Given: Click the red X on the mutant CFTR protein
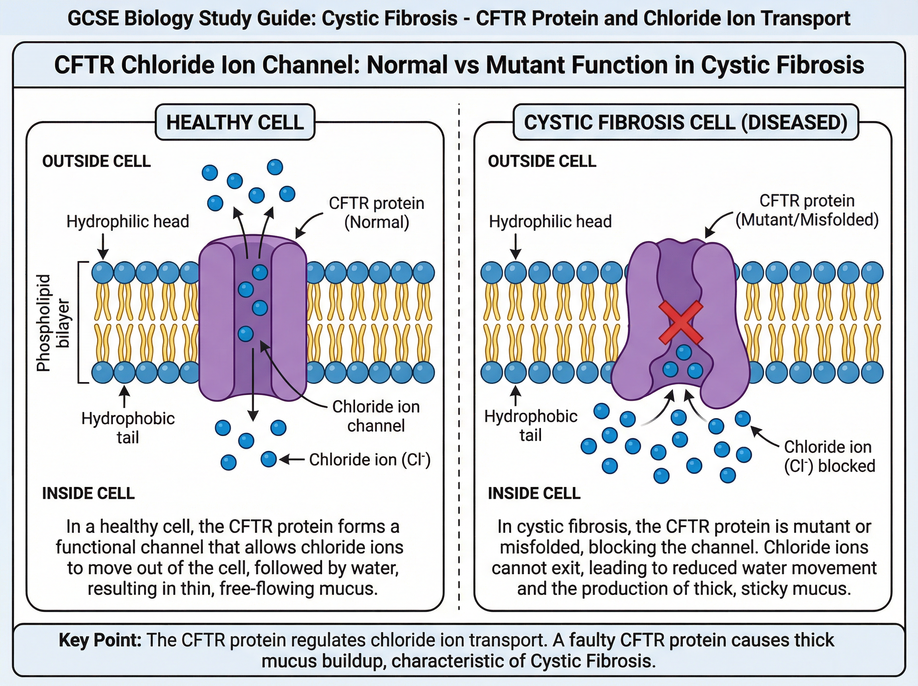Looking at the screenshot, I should pos(681,323).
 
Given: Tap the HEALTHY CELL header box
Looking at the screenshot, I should pos(235,122).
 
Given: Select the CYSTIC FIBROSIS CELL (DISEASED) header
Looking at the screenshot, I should pos(685,122).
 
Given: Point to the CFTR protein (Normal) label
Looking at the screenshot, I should pos(376,212).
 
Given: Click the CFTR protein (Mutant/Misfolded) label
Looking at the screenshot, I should pos(807,210).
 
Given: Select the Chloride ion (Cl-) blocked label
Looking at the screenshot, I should pos(829,456).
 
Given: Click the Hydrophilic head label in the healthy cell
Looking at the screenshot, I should pos(127,221).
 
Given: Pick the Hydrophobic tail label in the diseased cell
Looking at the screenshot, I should pos(531,426).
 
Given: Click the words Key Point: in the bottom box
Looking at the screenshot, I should pos(100,640).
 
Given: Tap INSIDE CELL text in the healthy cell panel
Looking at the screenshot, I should pos(88,493).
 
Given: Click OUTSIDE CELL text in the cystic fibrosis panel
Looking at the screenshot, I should pos(542,161).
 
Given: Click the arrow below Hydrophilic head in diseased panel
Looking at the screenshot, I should pos(515,246).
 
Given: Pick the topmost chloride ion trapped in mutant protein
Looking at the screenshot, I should pos(684,353).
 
